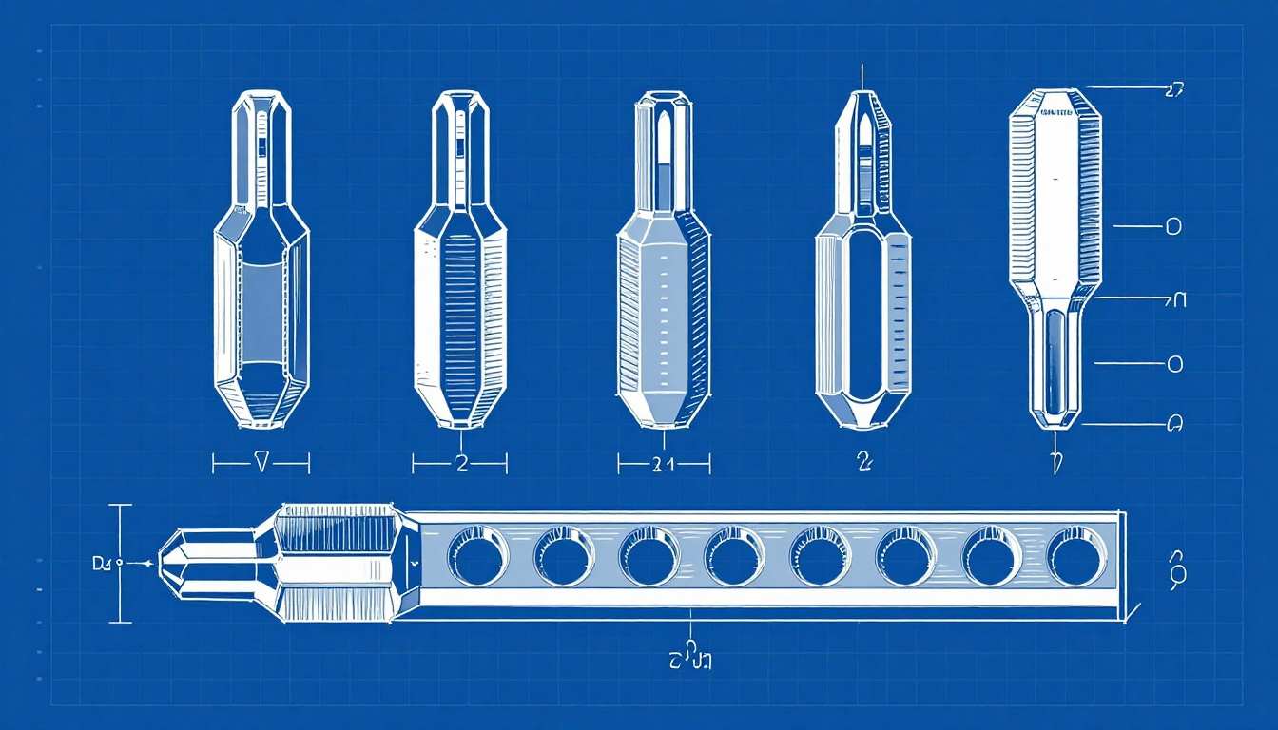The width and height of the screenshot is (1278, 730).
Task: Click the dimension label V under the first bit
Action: (261, 463)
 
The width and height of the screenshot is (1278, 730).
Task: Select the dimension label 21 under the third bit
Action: (664, 464)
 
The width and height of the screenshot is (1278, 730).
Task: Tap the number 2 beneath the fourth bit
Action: (863, 462)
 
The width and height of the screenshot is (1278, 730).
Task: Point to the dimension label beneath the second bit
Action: (461, 463)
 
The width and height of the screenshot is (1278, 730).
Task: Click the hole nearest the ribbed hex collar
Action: (478, 556)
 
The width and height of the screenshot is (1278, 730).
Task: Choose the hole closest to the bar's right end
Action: (1076, 556)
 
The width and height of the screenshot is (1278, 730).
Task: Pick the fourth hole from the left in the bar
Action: (735, 556)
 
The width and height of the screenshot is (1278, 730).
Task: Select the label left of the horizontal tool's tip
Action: (102, 564)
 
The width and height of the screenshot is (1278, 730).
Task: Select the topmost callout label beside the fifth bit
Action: (1172, 90)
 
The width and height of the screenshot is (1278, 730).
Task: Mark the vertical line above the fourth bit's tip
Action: (862, 76)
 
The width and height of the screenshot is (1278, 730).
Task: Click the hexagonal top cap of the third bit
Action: (663, 99)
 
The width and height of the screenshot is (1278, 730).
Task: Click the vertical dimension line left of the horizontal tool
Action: (120, 563)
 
